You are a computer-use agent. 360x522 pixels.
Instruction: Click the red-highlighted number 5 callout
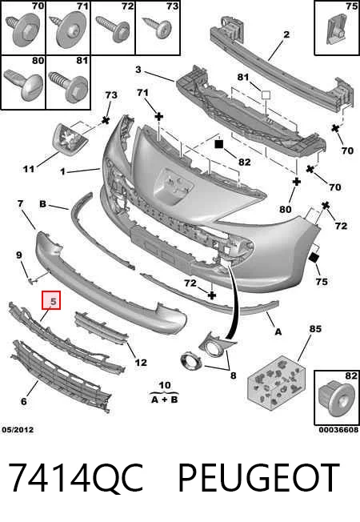[x=51, y=300]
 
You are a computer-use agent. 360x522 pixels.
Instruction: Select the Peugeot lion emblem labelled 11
[x=70, y=139]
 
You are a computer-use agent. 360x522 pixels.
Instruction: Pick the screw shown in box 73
[x=160, y=27]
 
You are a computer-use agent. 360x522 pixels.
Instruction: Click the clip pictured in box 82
[x=335, y=399]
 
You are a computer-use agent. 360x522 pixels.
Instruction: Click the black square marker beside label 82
[x=218, y=144]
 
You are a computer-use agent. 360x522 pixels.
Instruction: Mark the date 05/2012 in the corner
[x=18, y=430]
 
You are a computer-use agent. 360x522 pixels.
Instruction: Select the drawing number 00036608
[x=338, y=430]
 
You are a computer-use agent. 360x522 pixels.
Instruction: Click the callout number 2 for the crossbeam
[x=286, y=34]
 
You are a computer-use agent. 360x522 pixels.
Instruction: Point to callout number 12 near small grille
[x=141, y=362]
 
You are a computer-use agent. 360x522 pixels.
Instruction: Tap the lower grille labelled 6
[x=62, y=376]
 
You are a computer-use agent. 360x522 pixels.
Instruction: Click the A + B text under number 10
[x=164, y=400]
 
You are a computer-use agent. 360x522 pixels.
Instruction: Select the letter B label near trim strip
[x=43, y=203]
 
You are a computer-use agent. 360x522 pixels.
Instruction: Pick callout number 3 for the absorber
[x=138, y=70]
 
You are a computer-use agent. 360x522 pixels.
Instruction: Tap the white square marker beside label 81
[x=266, y=95]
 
